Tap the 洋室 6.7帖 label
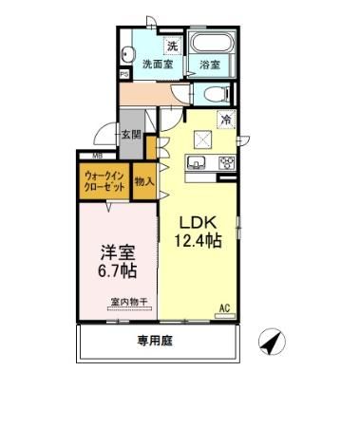click(118, 262)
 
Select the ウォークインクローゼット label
click(104, 181)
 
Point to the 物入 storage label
click(144, 180)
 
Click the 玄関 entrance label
click(131, 135)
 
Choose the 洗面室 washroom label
click(157, 65)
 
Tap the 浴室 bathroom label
click(210, 65)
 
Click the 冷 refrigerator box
click(227, 120)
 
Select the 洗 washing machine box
click(172, 46)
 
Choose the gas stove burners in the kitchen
click(227, 162)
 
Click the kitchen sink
click(200, 164)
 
